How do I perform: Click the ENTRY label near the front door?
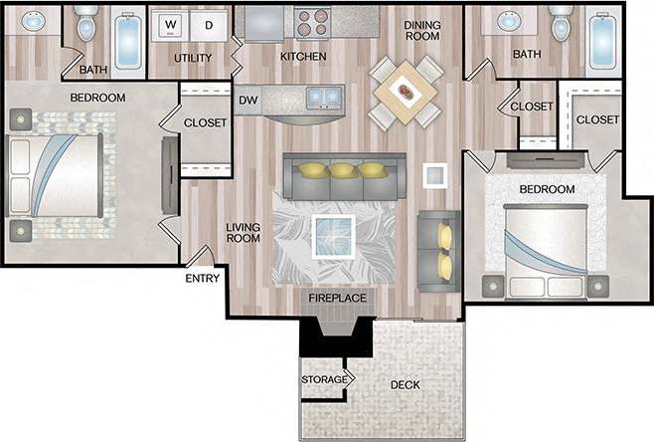click(202, 279)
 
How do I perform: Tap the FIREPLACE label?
click(337, 299)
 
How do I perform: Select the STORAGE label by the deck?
click(324, 380)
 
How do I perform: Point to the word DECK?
click(405, 384)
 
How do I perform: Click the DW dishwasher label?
click(247, 100)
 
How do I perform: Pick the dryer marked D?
click(210, 24)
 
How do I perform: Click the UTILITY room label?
click(193, 58)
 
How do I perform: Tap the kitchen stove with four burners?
click(310, 22)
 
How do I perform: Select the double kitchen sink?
click(321, 97)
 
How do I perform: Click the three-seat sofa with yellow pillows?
click(344, 175)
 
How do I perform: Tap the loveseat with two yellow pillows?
click(439, 250)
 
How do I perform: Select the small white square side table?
click(434, 175)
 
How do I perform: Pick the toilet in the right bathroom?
click(562, 24)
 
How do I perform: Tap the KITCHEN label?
click(303, 57)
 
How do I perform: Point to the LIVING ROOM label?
click(244, 232)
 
